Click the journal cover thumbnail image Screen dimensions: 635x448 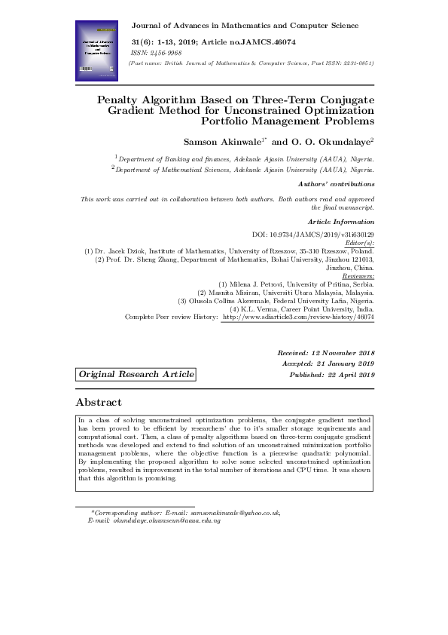click(x=97, y=51)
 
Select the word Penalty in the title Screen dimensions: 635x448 click(x=121, y=99)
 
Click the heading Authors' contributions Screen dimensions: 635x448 click(x=336, y=184)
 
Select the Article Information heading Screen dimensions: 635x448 click(x=341, y=222)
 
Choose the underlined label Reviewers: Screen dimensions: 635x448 click(x=358, y=276)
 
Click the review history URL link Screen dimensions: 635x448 click(x=298, y=317)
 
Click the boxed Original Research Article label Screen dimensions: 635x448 click(x=136, y=375)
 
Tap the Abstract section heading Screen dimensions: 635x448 click(x=99, y=403)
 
